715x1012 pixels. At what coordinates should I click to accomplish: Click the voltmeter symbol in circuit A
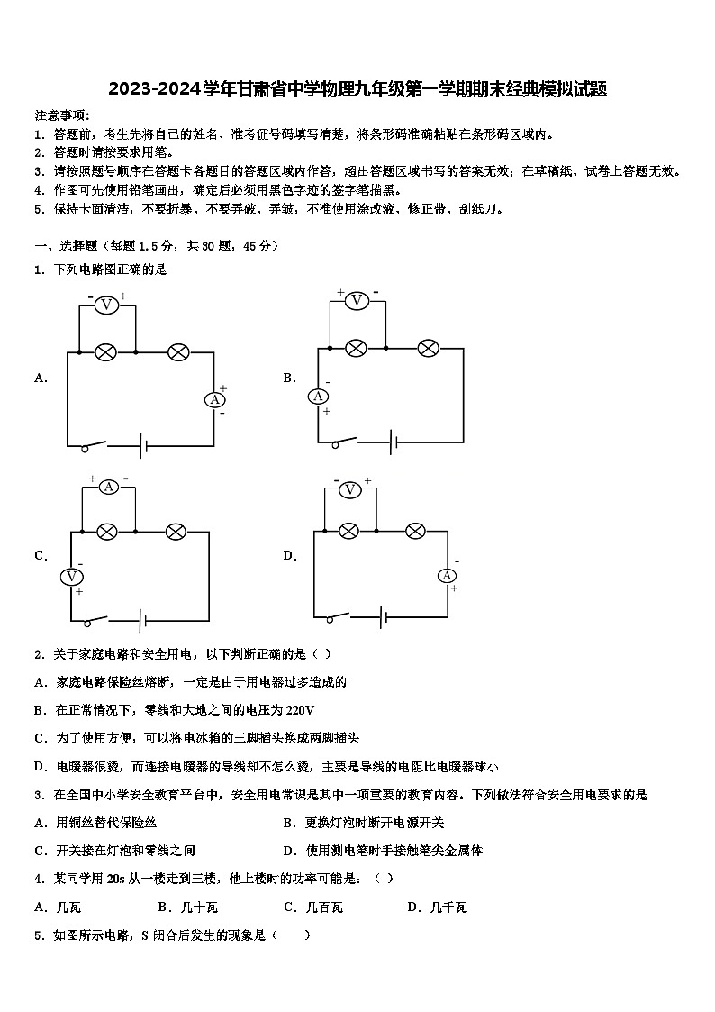[x=106, y=305]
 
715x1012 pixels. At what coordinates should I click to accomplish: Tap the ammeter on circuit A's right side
[x=214, y=399]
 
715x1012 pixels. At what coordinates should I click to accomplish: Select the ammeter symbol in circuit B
[x=318, y=396]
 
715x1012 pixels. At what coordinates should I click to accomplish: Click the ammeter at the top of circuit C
[x=108, y=487]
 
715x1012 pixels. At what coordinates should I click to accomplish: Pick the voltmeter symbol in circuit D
[x=350, y=489]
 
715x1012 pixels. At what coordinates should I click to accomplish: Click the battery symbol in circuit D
[x=385, y=617]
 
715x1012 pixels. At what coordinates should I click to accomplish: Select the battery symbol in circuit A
[x=140, y=445]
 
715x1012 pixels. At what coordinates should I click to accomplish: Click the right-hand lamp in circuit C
[x=176, y=532]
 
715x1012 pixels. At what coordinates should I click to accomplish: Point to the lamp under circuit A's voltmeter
[x=105, y=351]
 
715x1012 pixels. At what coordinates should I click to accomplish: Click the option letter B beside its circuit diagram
[x=289, y=378]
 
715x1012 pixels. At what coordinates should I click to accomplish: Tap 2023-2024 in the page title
[x=149, y=89]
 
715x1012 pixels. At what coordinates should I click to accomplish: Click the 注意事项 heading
[x=61, y=115]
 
